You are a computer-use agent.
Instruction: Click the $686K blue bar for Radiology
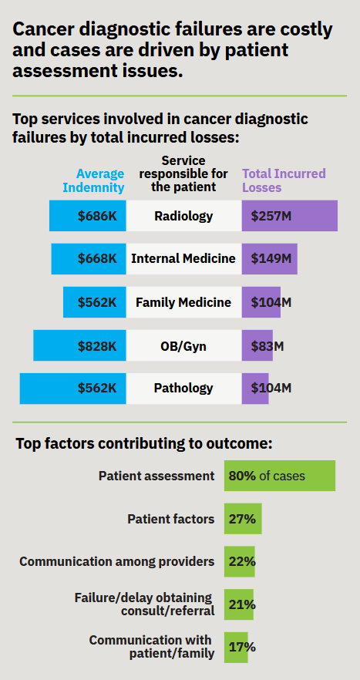pos(88,216)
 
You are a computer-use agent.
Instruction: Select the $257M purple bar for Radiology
pos(289,216)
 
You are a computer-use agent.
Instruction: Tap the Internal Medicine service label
pos(183,259)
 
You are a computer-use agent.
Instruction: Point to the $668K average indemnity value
pos(97,259)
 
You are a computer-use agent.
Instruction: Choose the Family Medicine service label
pos(183,302)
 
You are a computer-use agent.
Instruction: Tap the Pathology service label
pos(183,389)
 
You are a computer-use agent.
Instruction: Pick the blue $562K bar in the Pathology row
pos(73,389)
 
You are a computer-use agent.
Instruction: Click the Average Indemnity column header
pos(100,180)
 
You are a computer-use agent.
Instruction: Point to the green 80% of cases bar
pos(279,476)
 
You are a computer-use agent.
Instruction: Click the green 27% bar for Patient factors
pos(243,519)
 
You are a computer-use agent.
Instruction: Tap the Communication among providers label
pos(117,561)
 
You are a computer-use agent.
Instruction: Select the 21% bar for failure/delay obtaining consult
pos(241,604)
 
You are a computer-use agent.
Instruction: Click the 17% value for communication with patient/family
pos(242,648)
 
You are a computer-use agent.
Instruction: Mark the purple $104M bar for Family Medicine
pos(261,302)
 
